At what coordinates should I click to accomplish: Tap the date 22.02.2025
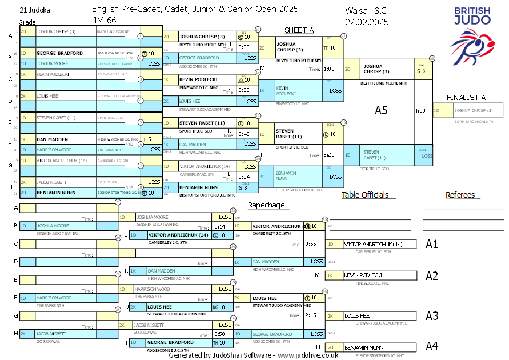point(367,22)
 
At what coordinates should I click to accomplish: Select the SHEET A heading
point(299,30)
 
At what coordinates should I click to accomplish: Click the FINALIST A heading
point(466,97)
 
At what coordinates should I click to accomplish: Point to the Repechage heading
point(266,205)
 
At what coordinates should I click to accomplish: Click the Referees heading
point(460,195)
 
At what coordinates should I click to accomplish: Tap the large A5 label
point(381,110)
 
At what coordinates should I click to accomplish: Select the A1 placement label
point(432,244)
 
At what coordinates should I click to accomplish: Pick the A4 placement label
point(432,346)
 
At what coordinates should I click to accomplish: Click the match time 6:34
point(244,177)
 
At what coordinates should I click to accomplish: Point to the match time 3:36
point(244,47)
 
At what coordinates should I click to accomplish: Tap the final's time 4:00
point(420,110)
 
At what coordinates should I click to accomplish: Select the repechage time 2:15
point(311,315)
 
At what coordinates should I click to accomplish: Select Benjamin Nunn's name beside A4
point(364,347)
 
